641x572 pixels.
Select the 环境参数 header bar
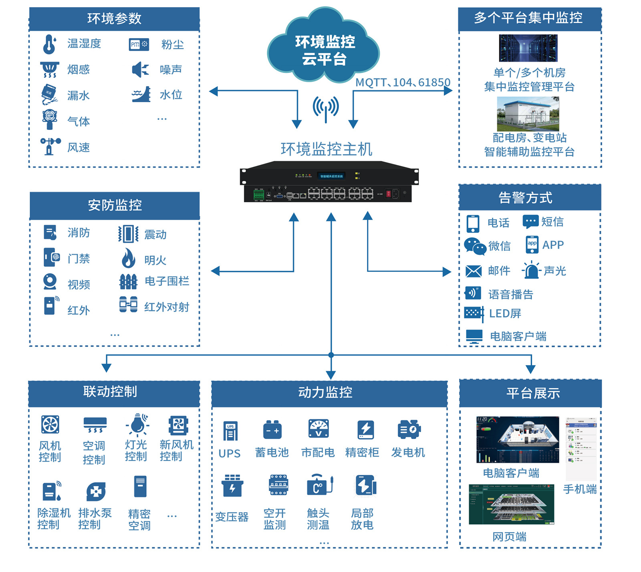click(114, 19)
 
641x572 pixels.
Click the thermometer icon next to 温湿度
click(50, 44)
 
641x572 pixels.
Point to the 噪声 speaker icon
click(140, 70)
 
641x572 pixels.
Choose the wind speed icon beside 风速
click(50, 146)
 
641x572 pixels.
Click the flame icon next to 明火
click(128, 258)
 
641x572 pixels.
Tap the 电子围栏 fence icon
click(128, 282)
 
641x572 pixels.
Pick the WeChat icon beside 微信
click(475, 246)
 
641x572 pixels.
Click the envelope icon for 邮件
click(474, 271)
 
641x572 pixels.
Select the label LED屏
click(505, 313)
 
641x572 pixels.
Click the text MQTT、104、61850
click(403, 83)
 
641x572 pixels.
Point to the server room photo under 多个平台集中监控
click(528, 48)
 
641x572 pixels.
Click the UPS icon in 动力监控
click(230, 431)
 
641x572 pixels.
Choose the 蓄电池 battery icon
click(272, 430)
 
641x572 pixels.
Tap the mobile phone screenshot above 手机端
click(581, 449)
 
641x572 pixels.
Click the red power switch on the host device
click(388, 194)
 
